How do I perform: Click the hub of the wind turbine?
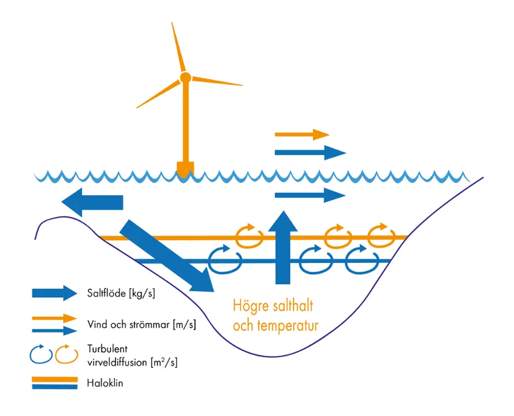tap(185, 77)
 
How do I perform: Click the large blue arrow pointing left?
tap(93, 202)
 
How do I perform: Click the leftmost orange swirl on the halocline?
tap(249, 236)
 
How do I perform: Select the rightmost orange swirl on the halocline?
tap(379, 236)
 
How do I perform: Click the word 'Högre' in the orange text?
tap(251, 304)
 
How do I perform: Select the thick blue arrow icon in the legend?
tap(55, 293)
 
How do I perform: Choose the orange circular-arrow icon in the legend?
tap(65, 354)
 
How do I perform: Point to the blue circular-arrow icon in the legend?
tap(40, 354)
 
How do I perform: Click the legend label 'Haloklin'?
tap(105, 383)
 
